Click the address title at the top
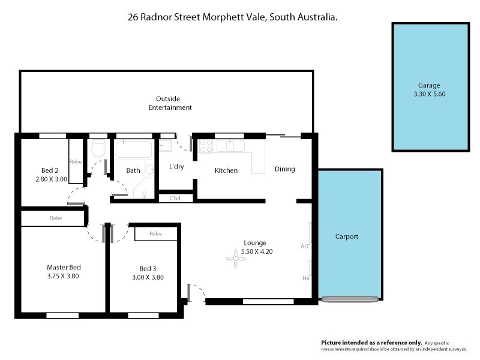click(x=232, y=17)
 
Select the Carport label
click(x=346, y=236)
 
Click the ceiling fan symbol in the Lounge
click(x=232, y=260)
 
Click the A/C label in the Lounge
click(x=305, y=246)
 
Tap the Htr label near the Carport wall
click(x=306, y=278)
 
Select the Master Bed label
click(x=64, y=267)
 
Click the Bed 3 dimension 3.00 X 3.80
click(x=148, y=277)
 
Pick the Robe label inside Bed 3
click(x=155, y=233)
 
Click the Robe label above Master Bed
click(x=55, y=219)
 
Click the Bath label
click(x=133, y=170)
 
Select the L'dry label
click(x=176, y=167)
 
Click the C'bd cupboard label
click(x=175, y=198)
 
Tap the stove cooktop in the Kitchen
click(x=206, y=145)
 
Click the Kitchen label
click(x=226, y=170)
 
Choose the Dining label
click(x=285, y=169)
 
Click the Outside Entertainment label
click(x=170, y=103)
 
